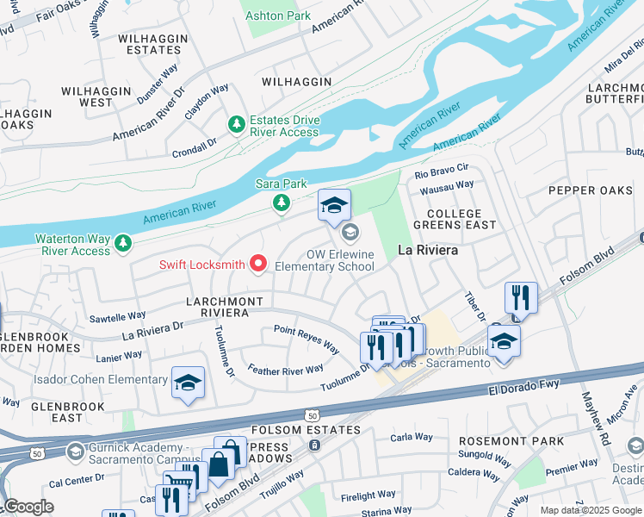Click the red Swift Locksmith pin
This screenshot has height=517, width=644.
257,264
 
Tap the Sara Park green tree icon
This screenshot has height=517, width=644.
281,202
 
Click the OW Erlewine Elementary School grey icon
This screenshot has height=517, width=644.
350,232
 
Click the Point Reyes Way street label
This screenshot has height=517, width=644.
306,338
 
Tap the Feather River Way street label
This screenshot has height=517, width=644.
285,370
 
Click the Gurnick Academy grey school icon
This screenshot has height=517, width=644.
76,452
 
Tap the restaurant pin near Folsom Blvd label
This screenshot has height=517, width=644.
521,298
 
